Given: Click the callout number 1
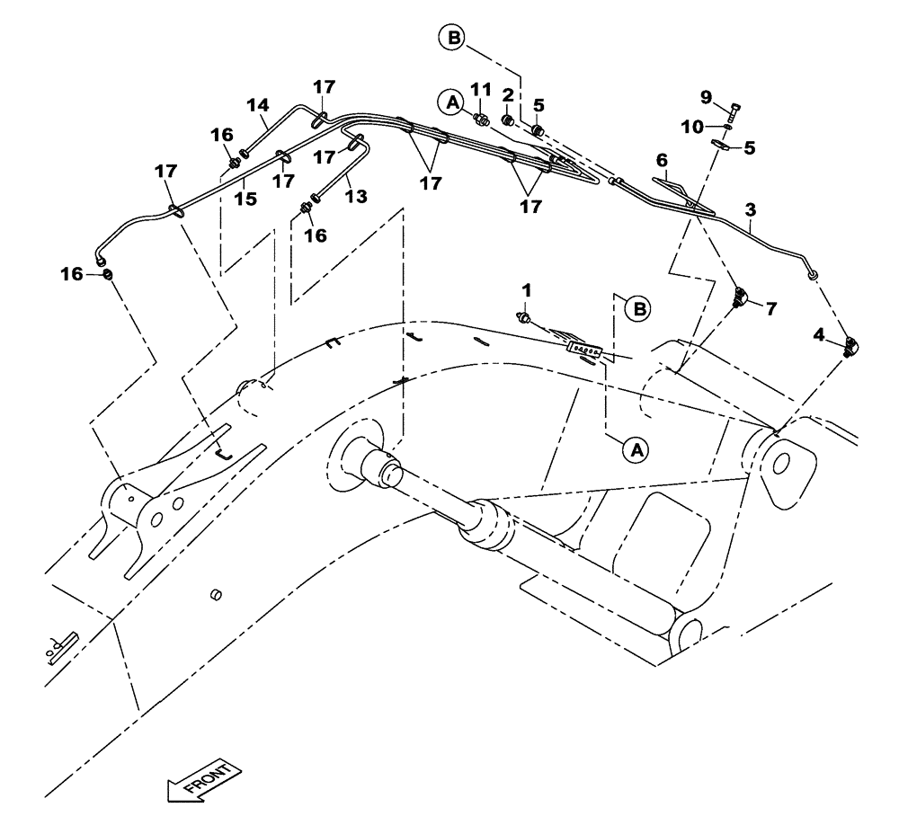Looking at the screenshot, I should [x=528, y=290].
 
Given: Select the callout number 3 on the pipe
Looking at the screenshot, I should [x=751, y=209].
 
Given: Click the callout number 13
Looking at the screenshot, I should [x=357, y=196].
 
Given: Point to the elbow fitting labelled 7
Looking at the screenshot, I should [x=742, y=298].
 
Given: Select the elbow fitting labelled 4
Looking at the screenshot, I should [x=853, y=347].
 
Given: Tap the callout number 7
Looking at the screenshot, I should [x=770, y=308].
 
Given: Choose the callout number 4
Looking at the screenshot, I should [x=817, y=334].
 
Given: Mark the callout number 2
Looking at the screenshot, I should [x=508, y=94].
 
